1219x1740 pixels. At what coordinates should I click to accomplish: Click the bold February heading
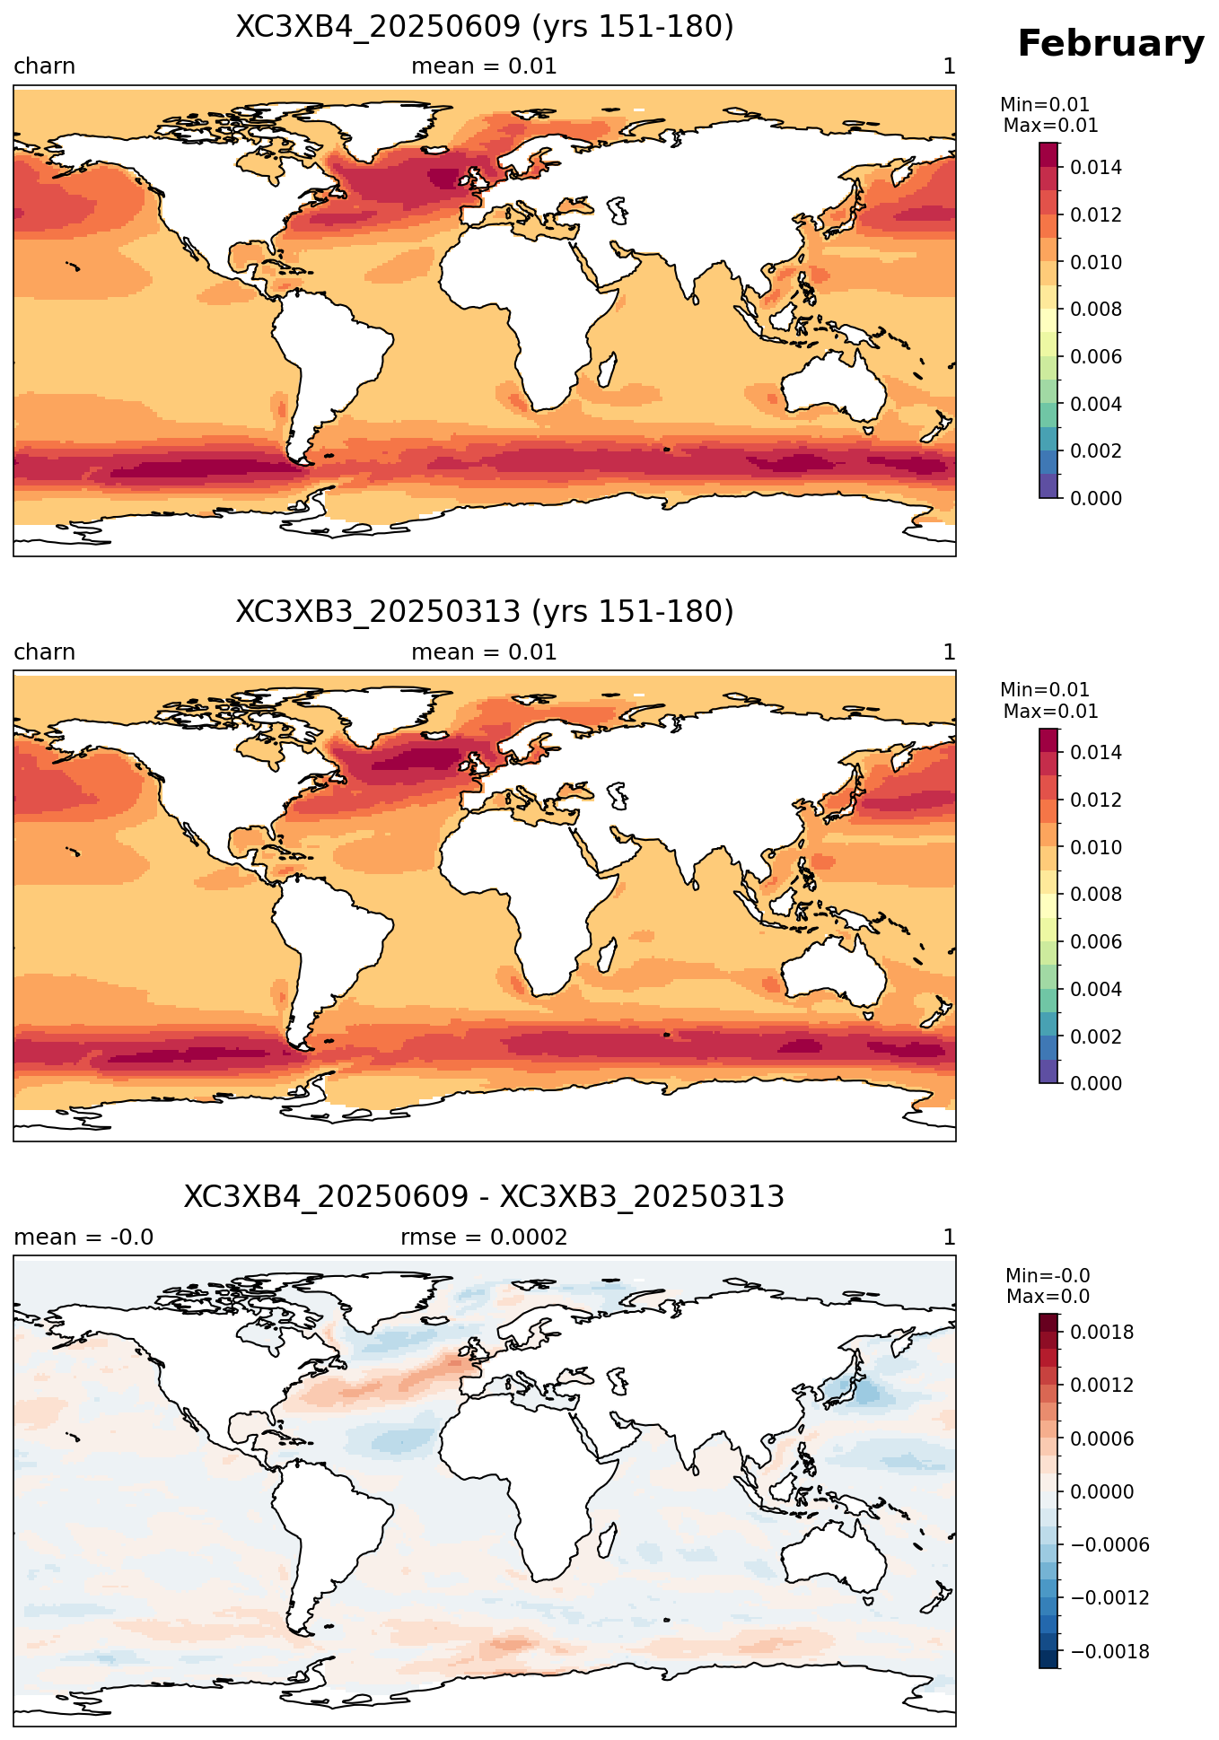(1110, 44)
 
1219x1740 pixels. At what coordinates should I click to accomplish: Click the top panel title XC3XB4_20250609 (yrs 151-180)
(485, 27)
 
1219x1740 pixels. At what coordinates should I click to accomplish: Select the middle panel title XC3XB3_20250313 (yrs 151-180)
(485, 612)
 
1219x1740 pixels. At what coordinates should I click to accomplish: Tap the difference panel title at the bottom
(485, 1197)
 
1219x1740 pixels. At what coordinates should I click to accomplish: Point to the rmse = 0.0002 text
(484, 1237)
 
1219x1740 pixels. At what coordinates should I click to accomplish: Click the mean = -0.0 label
(83, 1237)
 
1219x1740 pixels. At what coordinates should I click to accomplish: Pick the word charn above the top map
(45, 66)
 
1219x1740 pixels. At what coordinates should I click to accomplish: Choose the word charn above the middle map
(45, 652)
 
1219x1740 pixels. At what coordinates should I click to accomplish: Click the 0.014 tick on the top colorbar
(1096, 167)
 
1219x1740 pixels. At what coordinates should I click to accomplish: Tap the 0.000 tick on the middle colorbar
(1096, 1083)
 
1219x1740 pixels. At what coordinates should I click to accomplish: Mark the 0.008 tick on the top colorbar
(1096, 310)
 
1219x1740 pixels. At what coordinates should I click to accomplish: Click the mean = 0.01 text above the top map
(484, 66)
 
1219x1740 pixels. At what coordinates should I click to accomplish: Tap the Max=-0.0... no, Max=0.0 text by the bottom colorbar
(1048, 1297)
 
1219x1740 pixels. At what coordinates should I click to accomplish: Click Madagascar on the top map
(608, 369)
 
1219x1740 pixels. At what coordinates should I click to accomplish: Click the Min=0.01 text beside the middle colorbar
(1045, 690)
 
